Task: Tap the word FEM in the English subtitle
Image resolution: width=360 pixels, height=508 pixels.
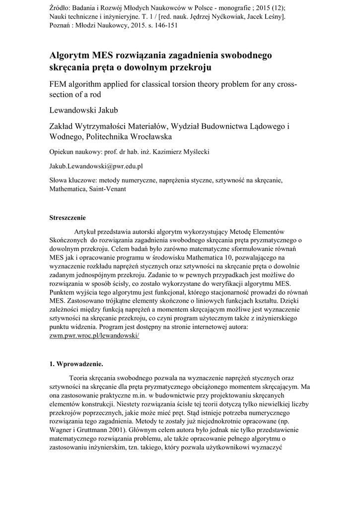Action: click(x=60, y=83)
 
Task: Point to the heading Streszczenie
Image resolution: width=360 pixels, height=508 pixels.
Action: click(x=68, y=217)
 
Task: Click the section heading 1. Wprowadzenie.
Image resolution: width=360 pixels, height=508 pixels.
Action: click(x=76, y=365)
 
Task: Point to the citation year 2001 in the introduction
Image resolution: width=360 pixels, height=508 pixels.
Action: click(x=125, y=432)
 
